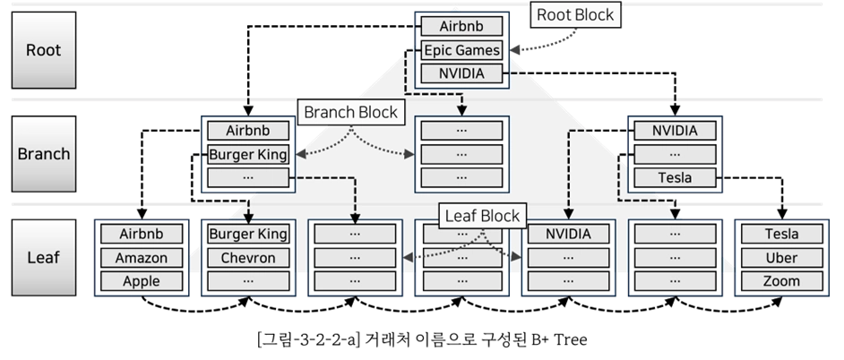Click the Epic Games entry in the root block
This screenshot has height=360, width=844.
tap(461, 50)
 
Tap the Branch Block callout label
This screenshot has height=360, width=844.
tap(350, 113)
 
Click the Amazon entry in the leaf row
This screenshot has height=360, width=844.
tap(142, 258)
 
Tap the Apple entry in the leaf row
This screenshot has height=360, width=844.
tap(142, 281)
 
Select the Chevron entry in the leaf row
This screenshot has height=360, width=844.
tap(247, 258)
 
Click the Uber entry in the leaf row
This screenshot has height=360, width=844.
tap(782, 258)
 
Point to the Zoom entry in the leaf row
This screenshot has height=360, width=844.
tap(782, 281)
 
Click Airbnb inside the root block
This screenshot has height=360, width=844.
tap(461, 27)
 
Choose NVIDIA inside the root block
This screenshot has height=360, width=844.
tap(461, 73)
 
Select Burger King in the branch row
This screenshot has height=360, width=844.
tap(247, 154)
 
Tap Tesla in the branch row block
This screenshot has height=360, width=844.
tap(675, 177)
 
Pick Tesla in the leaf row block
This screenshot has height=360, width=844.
tap(782, 235)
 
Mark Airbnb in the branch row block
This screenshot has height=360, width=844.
tap(247, 131)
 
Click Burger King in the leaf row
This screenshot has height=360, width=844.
tap(247, 235)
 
